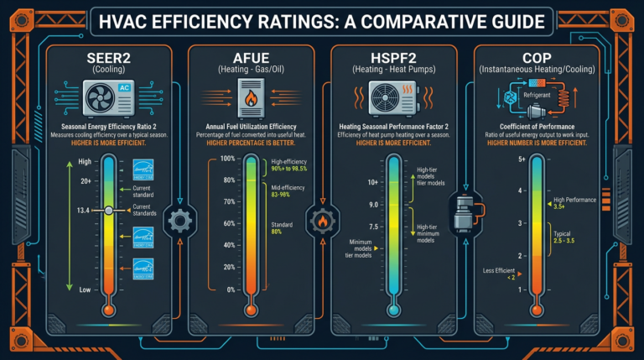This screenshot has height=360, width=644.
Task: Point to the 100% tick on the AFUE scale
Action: [227, 159]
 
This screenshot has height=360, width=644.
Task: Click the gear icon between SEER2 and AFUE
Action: [178, 222]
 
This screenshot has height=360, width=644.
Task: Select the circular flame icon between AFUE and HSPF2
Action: [320, 222]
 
